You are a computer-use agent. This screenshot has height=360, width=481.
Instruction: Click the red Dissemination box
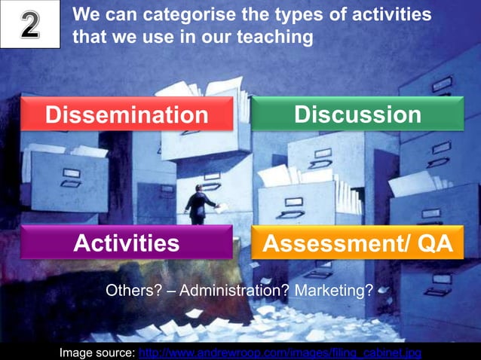[126, 114]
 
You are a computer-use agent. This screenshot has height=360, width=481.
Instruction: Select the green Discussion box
[357, 114]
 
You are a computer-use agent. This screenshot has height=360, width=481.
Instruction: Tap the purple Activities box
[126, 243]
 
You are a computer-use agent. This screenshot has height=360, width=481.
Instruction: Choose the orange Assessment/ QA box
[357, 243]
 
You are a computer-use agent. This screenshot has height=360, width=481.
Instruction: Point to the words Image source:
[98, 352]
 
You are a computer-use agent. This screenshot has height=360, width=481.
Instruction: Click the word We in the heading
[87, 15]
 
